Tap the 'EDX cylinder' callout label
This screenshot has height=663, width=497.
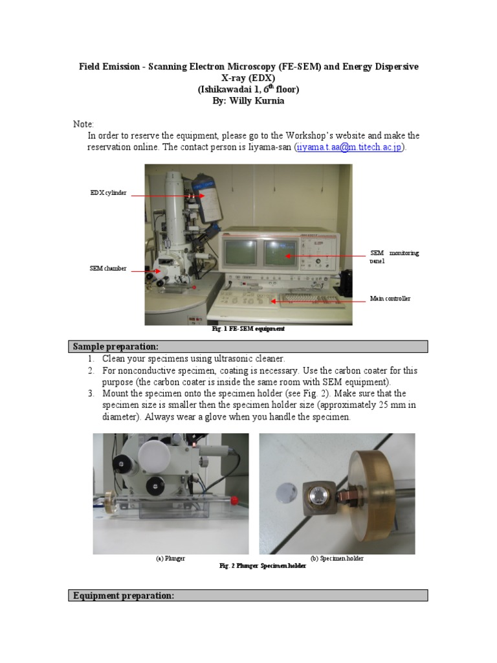tap(108, 193)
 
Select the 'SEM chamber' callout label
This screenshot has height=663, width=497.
tap(107, 268)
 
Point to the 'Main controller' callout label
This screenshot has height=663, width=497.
tap(390, 298)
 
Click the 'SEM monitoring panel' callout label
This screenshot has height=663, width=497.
tap(394, 256)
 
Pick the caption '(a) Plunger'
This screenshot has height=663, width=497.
tap(170, 558)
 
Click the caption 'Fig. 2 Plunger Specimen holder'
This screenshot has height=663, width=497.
tap(263, 566)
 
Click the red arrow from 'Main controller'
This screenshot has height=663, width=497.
tap(317, 300)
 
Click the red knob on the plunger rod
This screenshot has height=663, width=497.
tap(239, 500)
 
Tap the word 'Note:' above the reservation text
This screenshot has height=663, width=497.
tap(83, 124)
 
